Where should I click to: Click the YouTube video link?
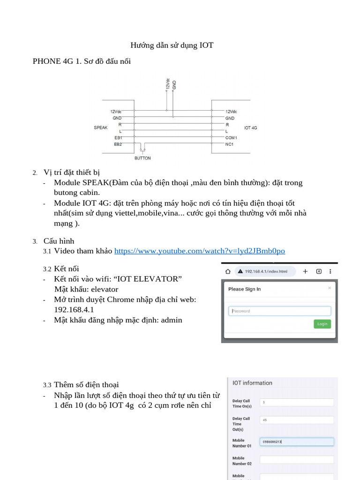tap(199, 251)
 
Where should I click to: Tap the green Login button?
tap(322, 324)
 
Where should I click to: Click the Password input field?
tap(279, 311)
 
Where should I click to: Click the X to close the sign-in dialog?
tap(330, 288)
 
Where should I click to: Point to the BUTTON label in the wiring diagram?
tap(142, 158)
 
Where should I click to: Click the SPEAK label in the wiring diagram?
tap(101, 127)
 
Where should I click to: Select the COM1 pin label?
tap(231, 138)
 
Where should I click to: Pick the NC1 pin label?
tap(229, 144)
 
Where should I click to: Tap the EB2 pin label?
tap(118, 144)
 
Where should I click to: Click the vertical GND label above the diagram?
tap(174, 85)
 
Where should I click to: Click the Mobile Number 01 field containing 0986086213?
tap(297, 442)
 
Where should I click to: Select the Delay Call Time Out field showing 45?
tap(297, 420)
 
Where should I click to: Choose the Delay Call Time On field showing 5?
tap(297, 402)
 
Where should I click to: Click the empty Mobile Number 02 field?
tap(297, 460)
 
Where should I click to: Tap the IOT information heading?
tap(252, 383)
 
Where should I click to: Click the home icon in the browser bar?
tap(228, 271)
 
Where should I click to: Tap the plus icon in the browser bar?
tap(305, 271)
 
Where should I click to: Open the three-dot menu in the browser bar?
tap(331, 271)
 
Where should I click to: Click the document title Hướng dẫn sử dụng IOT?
tap(172, 45)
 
